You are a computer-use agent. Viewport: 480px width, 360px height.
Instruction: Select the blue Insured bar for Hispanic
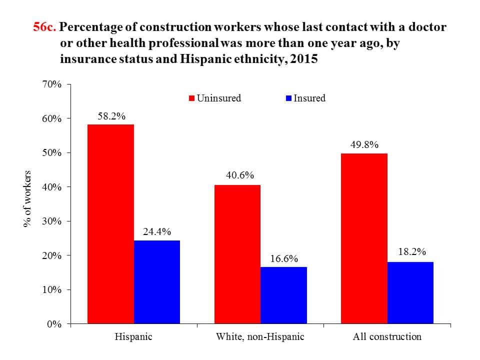(x=157, y=282)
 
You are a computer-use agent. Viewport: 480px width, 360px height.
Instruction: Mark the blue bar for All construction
(x=410, y=292)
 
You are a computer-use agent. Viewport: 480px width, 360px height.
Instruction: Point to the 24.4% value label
(x=157, y=231)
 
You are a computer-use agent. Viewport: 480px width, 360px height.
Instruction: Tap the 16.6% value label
(x=283, y=258)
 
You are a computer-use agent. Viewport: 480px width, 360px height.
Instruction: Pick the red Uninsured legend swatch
(x=191, y=98)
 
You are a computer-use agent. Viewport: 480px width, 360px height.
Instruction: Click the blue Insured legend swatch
(x=288, y=98)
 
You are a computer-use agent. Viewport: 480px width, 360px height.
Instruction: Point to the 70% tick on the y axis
(x=51, y=84)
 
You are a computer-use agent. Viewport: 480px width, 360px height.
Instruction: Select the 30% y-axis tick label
(x=51, y=221)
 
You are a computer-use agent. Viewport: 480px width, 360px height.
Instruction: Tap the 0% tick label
(x=53, y=324)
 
